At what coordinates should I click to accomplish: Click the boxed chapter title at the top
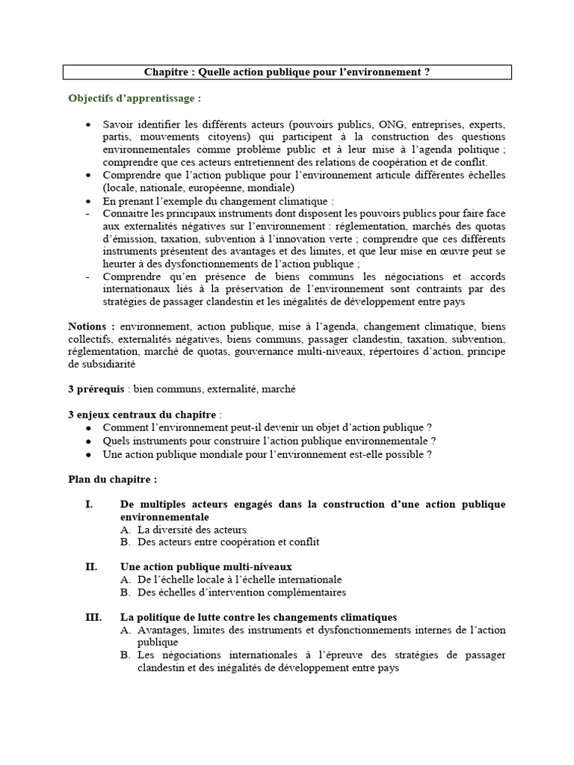tap(287, 72)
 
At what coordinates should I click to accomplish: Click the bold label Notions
tap(91, 326)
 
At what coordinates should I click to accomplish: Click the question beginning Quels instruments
tap(269, 441)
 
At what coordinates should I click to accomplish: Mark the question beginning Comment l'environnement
tap(267, 428)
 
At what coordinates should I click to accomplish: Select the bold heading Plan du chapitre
tap(112, 479)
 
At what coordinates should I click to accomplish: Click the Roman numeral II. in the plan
tap(92, 567)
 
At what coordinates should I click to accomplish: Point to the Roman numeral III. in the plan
tap(94, 617)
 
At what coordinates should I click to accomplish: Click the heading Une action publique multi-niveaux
tap(206, 567)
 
